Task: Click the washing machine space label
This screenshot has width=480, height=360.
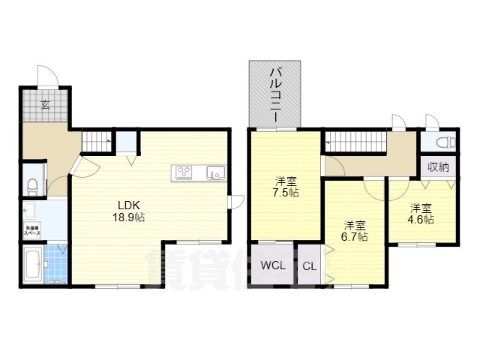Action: [x=32, y=230]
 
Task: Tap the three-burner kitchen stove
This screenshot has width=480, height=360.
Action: [x=184, y=172]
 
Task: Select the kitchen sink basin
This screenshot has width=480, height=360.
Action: [x=214, y=172]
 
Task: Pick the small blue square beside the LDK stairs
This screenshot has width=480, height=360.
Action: [x=127, y=141]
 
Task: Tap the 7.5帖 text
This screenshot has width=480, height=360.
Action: [x=286, y=193]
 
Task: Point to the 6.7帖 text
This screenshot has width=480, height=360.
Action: [x=355, y=237]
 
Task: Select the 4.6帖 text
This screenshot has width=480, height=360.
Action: [x=421, y=220]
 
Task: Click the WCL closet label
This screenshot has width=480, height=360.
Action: [x=272, y=266]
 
